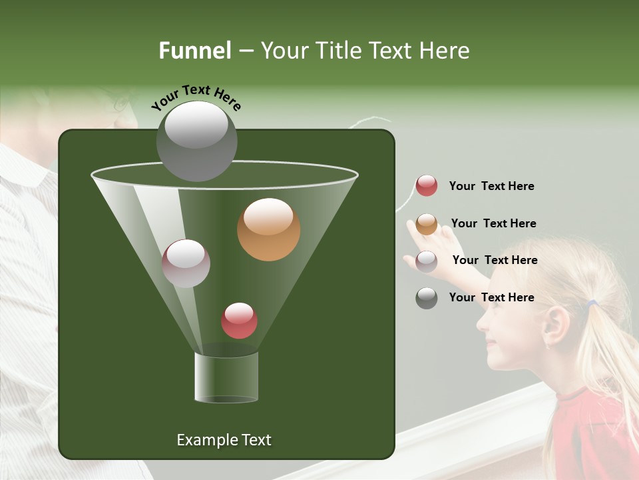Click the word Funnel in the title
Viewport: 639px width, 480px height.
(x=194, y=51)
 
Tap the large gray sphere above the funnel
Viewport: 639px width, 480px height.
(x=196, y=141)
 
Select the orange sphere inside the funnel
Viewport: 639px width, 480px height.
(x=268, y=229)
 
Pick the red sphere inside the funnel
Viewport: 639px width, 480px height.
(x=239, y=320)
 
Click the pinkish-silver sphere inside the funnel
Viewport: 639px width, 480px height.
(x=186, y=263)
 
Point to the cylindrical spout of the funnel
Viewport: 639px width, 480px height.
(x=226, y=377)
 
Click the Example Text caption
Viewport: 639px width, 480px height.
(x=224, y=440)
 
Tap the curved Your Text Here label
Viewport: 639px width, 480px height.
(x=196, y=97)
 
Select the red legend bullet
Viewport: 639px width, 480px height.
(x=427, y=186)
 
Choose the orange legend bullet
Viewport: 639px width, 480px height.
(x=427, y=224)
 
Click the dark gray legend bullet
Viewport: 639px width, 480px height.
(x=427, y=298)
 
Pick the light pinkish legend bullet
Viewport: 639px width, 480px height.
(x=427, y=261)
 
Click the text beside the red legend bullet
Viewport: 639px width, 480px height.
(x=491, y=187)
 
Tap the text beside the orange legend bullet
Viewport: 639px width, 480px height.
(x=493, y=223)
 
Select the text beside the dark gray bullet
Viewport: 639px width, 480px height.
(x=491, y=297)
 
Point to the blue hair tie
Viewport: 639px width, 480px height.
(x=591, y=304)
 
